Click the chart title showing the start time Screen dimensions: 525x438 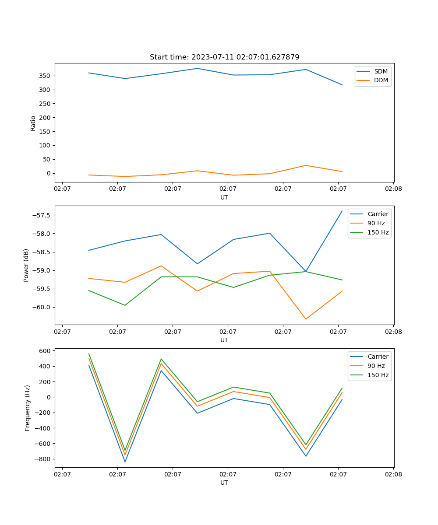pos(224,57)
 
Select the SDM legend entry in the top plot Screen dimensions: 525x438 pos(381,71)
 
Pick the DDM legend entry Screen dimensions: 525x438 pos(381,80)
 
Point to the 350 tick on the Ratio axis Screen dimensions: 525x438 pos(45,76)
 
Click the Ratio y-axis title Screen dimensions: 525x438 pos(33,123)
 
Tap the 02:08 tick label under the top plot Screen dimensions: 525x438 pos(393,189)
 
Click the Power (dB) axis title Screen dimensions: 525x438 pos(26,265)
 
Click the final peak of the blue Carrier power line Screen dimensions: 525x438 pos(342,211)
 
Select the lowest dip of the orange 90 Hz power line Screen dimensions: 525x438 pos(306,319)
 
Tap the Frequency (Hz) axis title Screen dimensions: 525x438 pos(27,408)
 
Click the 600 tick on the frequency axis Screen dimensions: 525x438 pos(46,351)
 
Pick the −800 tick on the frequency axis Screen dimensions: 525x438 pos(43,459)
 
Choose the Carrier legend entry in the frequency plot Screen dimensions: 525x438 pos(378,357)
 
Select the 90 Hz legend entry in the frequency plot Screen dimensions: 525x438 pos(376,366)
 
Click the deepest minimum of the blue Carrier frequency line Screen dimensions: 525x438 pos(125,462)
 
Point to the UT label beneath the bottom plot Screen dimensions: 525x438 pos(224,483)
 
